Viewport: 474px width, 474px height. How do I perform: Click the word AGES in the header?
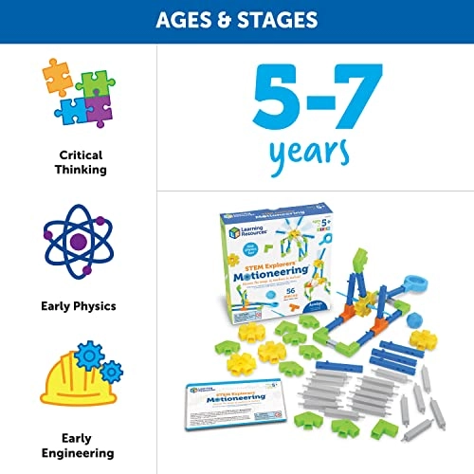pyautogui.click(x=189, y=20)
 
